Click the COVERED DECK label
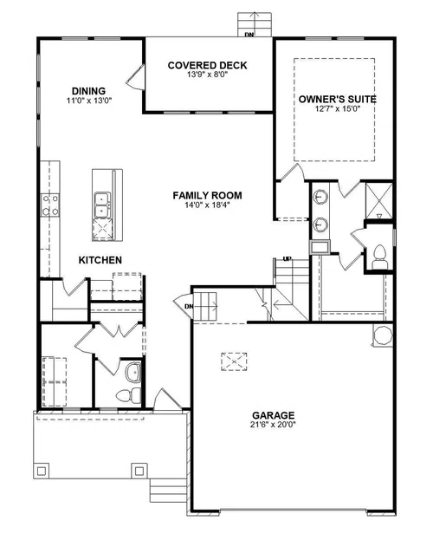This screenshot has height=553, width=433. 208,65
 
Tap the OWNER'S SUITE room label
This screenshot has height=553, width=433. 337,99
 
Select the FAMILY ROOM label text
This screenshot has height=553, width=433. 207,195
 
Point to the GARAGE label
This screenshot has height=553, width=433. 273,415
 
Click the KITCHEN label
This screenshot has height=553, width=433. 100,260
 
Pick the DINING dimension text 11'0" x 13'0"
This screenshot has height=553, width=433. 89,101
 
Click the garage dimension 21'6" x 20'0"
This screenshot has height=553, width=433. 273,425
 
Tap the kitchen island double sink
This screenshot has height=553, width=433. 102,205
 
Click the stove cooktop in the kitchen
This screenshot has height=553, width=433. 49,205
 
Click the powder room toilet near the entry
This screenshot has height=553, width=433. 128,395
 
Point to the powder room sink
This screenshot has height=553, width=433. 133,372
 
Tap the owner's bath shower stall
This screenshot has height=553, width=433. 378,201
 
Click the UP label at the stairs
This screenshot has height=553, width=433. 288,259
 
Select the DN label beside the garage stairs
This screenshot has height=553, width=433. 189,307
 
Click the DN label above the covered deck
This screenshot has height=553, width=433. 249,34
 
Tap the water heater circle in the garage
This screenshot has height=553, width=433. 383,335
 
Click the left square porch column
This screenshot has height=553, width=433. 42,471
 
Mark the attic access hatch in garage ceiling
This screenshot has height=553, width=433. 234,361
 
